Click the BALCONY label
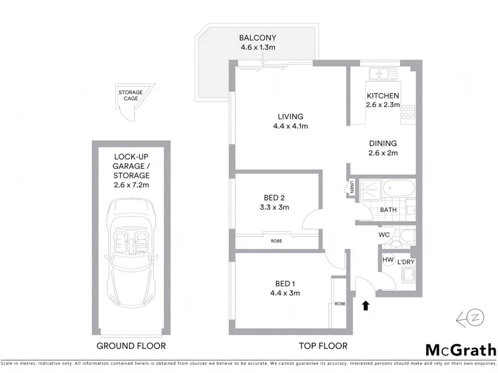(258, 38)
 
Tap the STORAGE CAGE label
(130, 95)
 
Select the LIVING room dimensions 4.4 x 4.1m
(290, 126)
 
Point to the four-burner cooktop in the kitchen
(408, 112)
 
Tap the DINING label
(383, 143)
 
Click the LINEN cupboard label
(352, 187)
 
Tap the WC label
(384, 235)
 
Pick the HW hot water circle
(388, 260)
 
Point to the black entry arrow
(366, 306)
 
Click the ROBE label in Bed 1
(340, 304)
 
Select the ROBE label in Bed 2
(276, 241)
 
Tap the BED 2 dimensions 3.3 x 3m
(274, 208)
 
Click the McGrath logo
(461, 350)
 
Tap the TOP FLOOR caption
(323, 346)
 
